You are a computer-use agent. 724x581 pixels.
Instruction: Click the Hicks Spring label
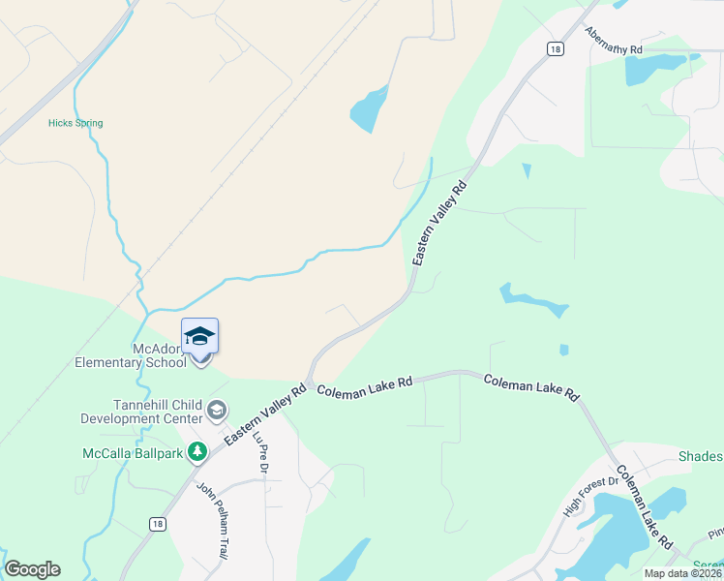[75, 123]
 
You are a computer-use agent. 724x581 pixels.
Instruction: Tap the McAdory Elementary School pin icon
[200, 340]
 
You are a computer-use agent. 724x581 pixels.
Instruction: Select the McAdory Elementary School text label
[131, 355]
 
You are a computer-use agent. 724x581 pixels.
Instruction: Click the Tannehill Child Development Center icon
[217, 411]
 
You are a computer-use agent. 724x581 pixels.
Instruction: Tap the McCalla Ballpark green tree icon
[198, 451]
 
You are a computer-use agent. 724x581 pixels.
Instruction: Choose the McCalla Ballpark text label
[134, 452]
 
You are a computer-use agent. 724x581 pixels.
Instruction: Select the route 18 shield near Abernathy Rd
[554, 48]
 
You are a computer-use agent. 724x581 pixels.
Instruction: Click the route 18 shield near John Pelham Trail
[157, 523]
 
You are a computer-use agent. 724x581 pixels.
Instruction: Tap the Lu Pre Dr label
[259, 452]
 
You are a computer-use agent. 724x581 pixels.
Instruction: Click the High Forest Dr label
[590, 495]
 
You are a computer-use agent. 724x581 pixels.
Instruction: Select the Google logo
[32, 569]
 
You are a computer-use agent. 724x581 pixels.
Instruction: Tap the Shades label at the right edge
[700, 457]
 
